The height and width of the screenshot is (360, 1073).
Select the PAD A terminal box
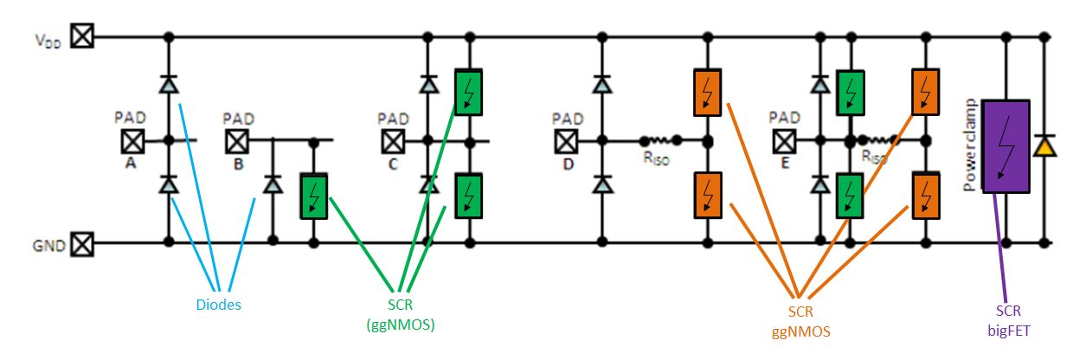[132, 139]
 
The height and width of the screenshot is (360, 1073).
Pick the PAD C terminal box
[394, 139]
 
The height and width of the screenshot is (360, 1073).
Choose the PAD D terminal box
[567, 139]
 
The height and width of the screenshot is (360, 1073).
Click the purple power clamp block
[1005, 143]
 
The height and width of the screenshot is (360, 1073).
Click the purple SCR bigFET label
[1005, 319]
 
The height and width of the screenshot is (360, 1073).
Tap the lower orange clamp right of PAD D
[708, 195]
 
